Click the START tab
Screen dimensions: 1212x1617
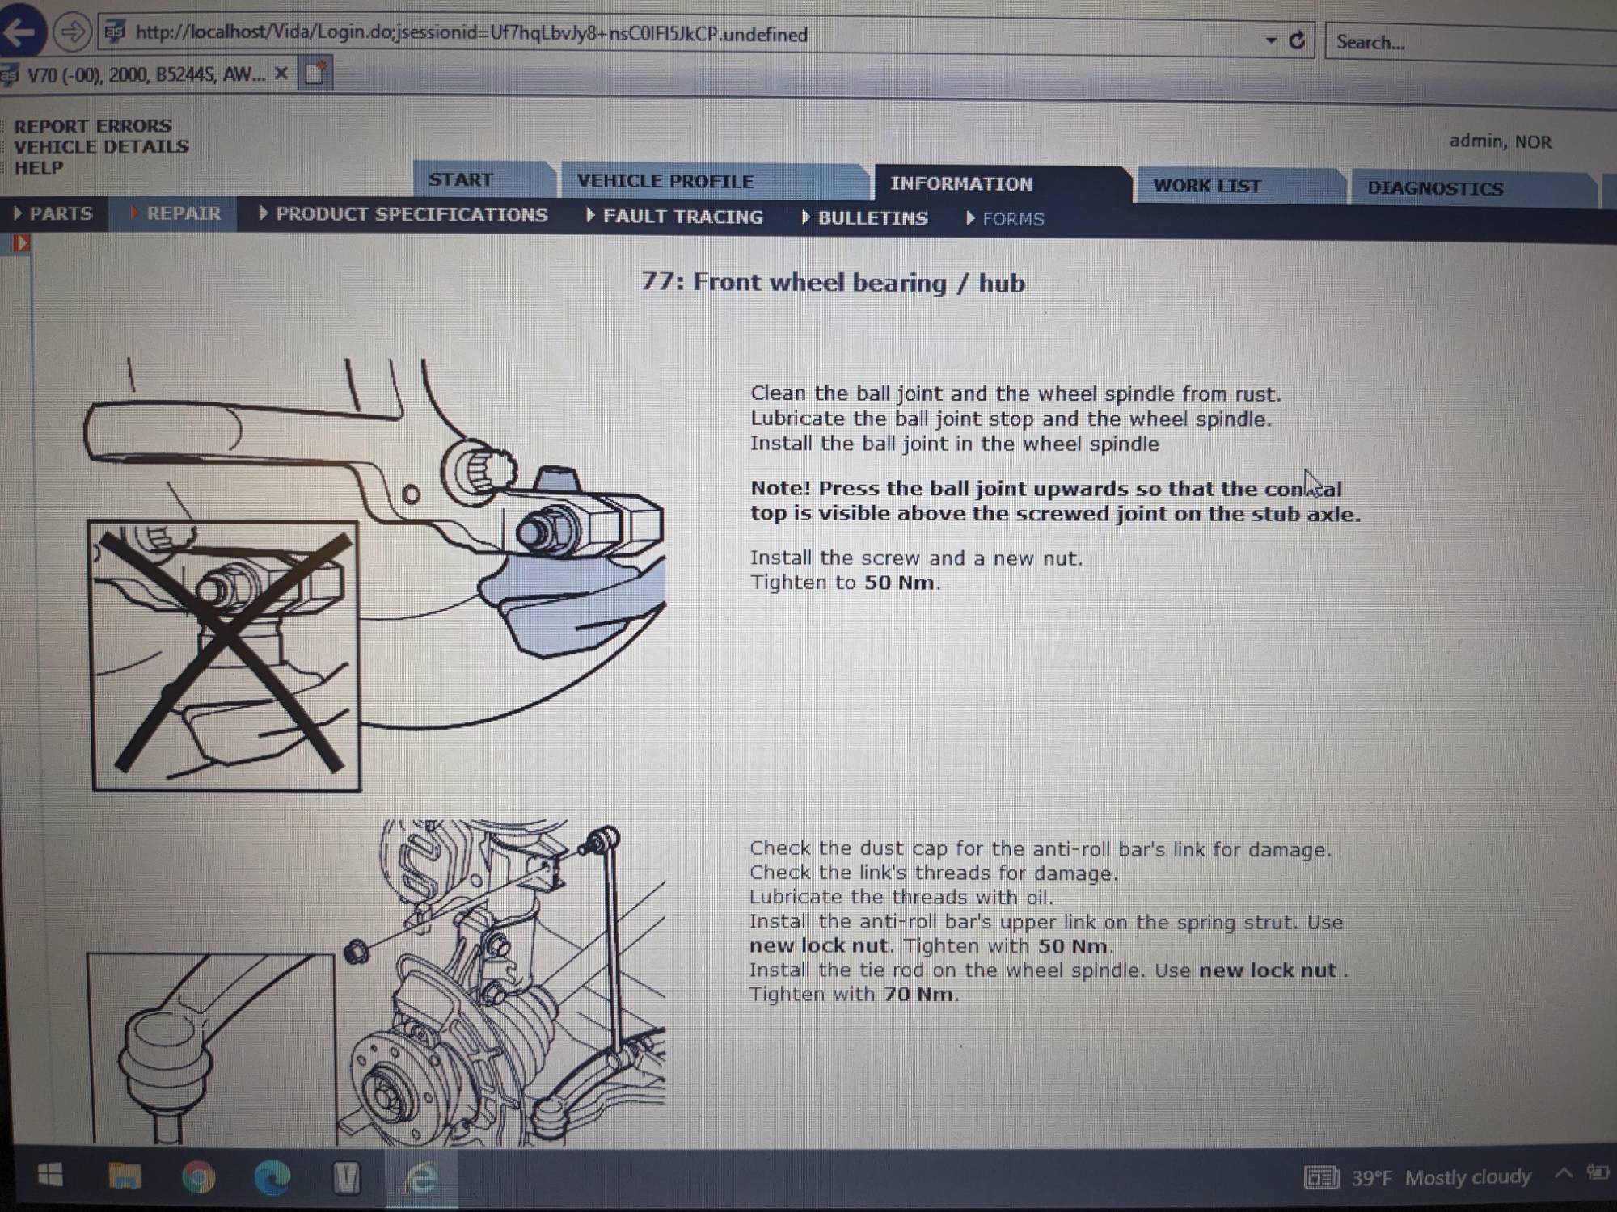click(x=461, y=179)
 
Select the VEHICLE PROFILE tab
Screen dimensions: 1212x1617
click(x=665, y=181)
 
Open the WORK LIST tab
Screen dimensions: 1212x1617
click(x=1206, y=186)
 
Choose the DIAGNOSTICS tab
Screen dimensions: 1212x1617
click(x=1434, y=188)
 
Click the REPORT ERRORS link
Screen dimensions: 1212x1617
click(x=92, y=126)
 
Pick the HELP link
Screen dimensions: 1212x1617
click(x=39, y=168)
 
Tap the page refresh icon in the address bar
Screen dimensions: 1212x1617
click(x=1297, y=40)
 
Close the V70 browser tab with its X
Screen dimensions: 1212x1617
click(x=281, y=74)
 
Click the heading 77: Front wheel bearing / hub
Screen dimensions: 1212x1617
click(x=833, y=283)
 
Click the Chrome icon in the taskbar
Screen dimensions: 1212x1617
click(x=198, y=1177)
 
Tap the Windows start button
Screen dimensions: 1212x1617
click(x=50, y=1176)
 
